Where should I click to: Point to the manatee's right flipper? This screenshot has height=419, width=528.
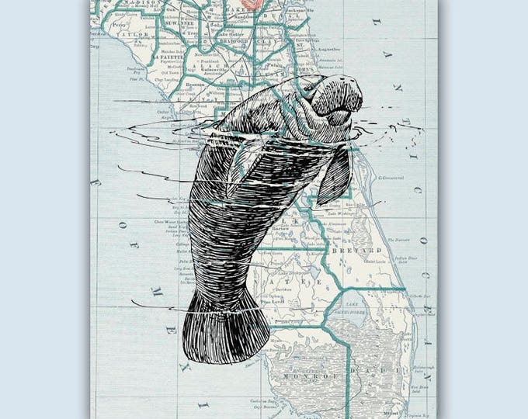334,175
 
